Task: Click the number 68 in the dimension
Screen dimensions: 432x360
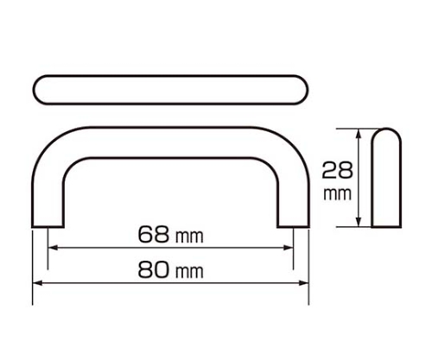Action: pos(153,234)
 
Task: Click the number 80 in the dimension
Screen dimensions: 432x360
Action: pos(153,270)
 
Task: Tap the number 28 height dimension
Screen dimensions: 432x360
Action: pos(337,170)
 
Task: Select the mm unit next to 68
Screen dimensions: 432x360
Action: pos(189,237)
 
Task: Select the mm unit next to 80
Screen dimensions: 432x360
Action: pos(189,272)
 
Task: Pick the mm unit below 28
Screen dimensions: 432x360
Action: pos(337,194)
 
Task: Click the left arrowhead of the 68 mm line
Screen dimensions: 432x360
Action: pos(53,248)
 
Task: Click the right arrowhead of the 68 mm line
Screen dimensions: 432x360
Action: pos(289,248)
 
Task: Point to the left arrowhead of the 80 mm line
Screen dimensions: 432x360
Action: pos(38,283)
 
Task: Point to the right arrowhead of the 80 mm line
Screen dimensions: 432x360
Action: pos(304,283)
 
